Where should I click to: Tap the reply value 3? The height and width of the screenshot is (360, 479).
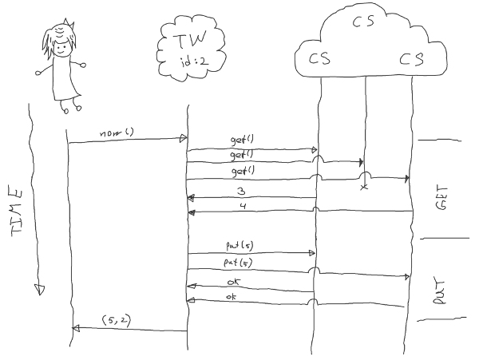coord(241,191)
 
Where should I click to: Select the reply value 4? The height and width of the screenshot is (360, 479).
coord(242,205)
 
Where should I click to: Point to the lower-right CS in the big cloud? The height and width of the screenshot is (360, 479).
coord(412,59)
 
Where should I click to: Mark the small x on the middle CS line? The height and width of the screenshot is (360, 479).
coord(364,187)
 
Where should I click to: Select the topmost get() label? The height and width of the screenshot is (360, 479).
coord(241,141)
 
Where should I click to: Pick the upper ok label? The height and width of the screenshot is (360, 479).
coord(233,283)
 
